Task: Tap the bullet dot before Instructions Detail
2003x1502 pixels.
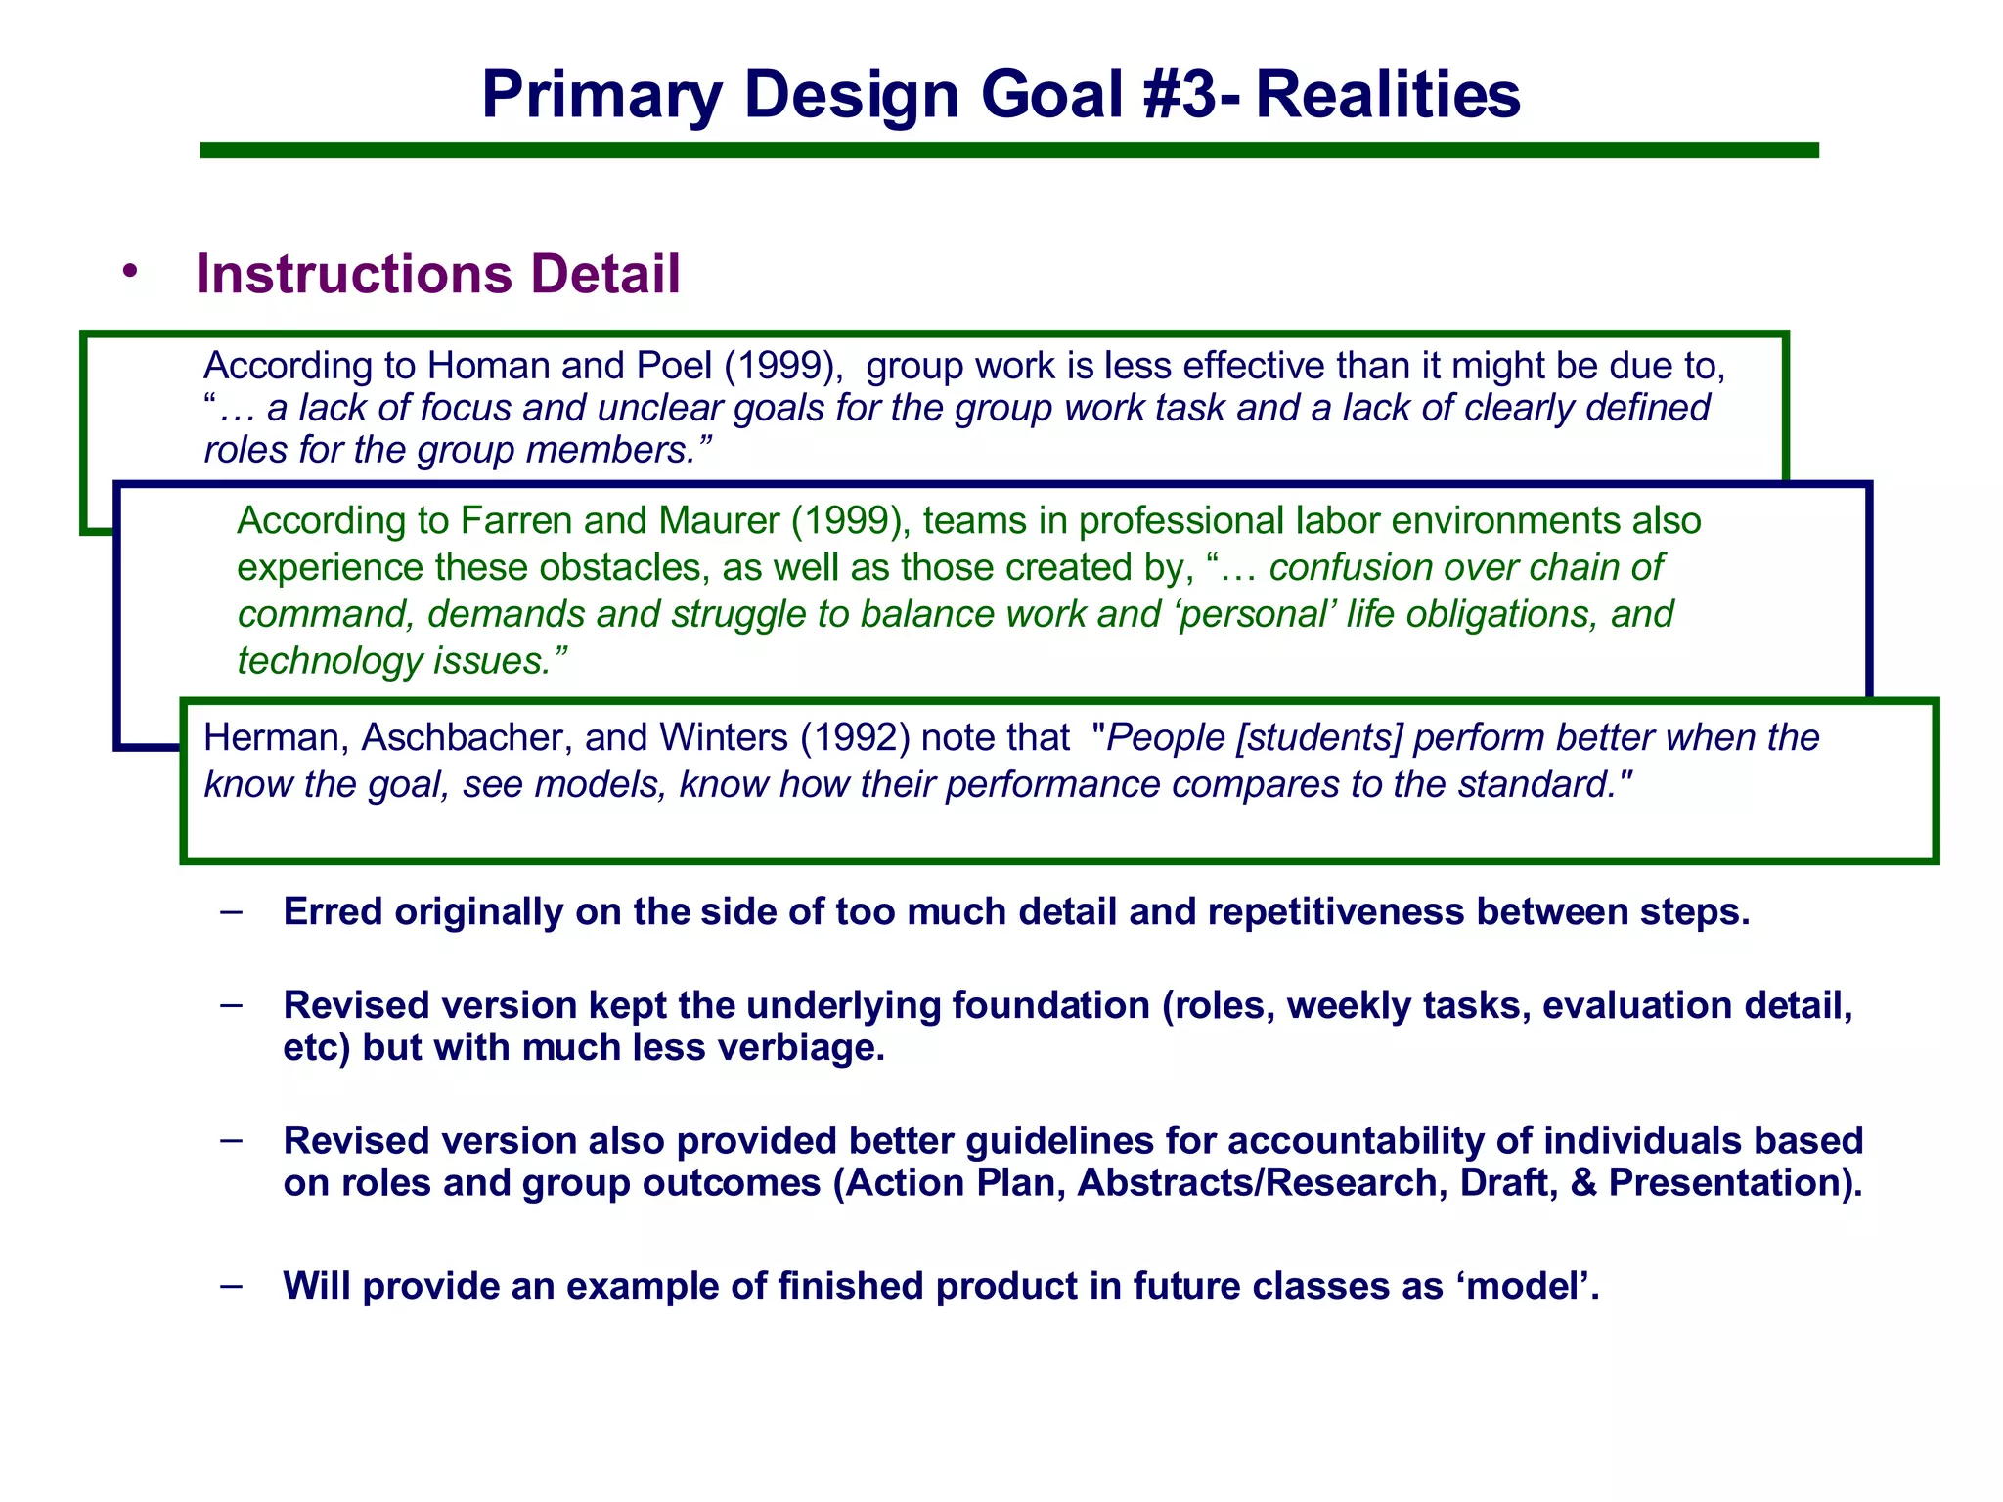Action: (130, 273)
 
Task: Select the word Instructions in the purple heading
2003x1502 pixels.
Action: (353, 274)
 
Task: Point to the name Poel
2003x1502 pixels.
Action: (674, 366)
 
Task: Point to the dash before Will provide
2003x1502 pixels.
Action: (232, 1284)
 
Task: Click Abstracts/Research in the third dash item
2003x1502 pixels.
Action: (1262, 1183)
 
